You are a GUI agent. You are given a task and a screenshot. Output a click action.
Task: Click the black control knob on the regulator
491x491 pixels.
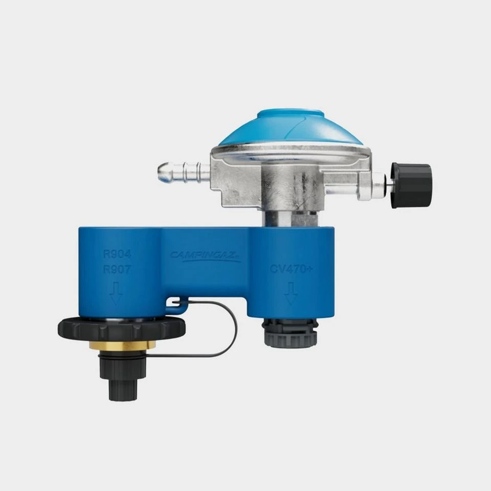[412, 185]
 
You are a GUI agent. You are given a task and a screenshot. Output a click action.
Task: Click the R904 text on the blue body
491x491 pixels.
[117, 253]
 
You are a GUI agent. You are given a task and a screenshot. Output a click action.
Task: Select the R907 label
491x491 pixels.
[117, 269]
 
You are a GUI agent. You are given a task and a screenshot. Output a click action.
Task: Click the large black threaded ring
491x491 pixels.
[122, 329]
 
